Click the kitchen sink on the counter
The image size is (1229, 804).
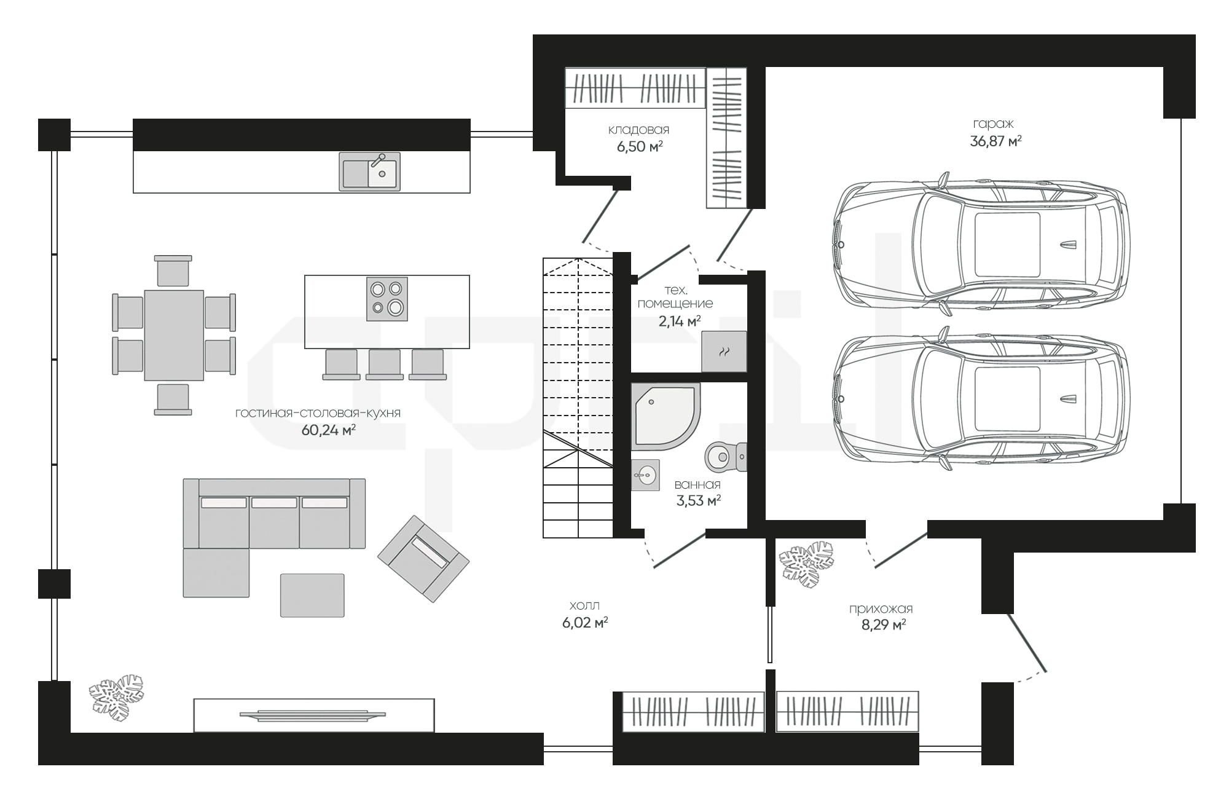(x=369, y=171)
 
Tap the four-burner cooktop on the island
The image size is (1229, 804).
(x=387, y=299)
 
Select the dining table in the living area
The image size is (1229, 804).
(x=174, y=336)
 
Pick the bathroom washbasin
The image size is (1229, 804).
(x=645, y=475)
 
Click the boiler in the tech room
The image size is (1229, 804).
(x=724, y=351)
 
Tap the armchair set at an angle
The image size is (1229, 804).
(x=423, y=558)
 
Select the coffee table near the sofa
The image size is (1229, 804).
(x=312, y=595)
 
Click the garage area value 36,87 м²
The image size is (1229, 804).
(x=995, y=141)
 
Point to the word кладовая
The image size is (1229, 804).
(x=638, y=130)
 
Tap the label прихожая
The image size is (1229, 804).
(x=881, y=609)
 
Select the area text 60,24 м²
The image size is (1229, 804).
(x=329, y=430)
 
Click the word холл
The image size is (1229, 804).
(x=584, y=605)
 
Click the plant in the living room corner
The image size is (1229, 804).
(x=116, y=698)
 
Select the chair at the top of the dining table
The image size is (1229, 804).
(x=173, y=270)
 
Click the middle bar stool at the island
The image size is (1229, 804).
(x=385, y=365)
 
